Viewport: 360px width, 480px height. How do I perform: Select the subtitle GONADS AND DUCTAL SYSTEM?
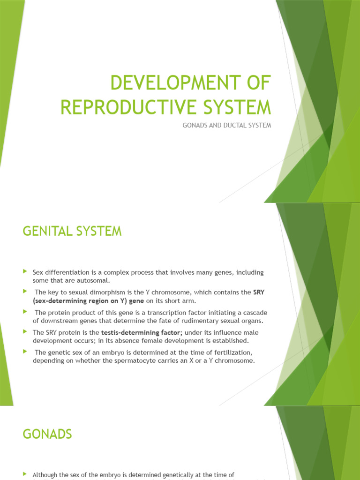(x=227, y=126)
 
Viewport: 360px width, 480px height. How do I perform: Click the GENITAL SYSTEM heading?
(x=72, y=231)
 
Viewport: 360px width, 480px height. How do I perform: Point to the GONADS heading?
(x=47, y=434)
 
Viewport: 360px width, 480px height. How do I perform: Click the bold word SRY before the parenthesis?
(x=259, y=292)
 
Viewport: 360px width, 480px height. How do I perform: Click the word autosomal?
(x=94, y=280)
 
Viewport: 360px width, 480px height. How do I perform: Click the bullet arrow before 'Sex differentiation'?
(x=25, y=272)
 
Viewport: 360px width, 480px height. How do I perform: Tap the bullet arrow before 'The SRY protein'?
(x=25, y=332)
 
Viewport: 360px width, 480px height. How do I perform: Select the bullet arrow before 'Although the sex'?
(x=25, y=475)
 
